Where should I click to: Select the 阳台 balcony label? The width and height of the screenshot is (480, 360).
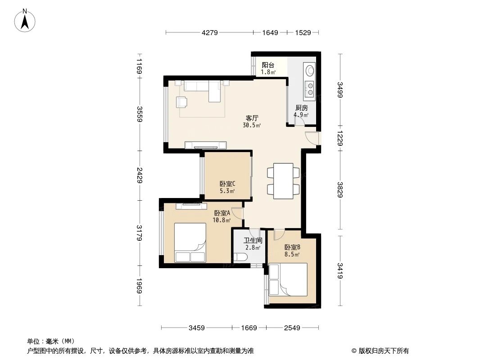[x=268, y=65]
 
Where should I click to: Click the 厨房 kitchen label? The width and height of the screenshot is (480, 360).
[x=301, y=108]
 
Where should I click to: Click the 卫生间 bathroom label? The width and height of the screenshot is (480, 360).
[x=253, y=240]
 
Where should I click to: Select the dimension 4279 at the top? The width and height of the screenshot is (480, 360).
[x=210, y=32]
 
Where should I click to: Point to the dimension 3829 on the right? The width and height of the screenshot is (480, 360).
[x=340, y=189]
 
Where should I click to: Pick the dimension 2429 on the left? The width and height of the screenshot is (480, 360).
[x=140, y=175]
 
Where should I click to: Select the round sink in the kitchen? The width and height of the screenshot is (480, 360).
[x=309, y=70]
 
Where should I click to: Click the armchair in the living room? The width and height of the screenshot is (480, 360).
[x=181, y=102]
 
